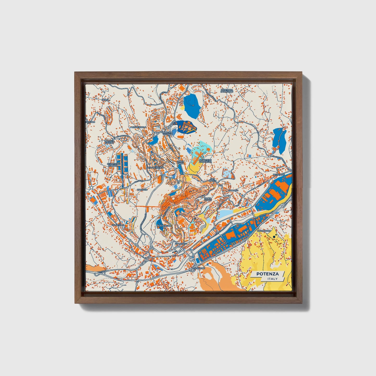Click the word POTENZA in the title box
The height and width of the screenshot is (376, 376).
click(x=267, y=274)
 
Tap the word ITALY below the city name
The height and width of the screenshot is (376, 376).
click(x=272, y=279)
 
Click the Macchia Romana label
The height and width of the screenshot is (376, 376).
click(x=167, y=133)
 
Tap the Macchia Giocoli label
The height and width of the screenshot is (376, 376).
click(x=109, y=142)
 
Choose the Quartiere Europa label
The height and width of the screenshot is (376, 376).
click(x=113, y=165)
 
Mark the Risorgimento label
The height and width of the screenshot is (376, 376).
click(x=156, y=168)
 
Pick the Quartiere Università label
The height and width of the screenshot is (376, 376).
click(x=205, y=161)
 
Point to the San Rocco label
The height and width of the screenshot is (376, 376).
click(x=213, y=180)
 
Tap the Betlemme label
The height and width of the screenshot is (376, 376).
click(x=279, y=174)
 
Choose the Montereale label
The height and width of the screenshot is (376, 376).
click(x=164, y=226)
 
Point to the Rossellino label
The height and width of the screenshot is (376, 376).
click(x=198, y=268)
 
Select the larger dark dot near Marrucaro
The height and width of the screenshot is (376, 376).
click(x=274, y=237)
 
